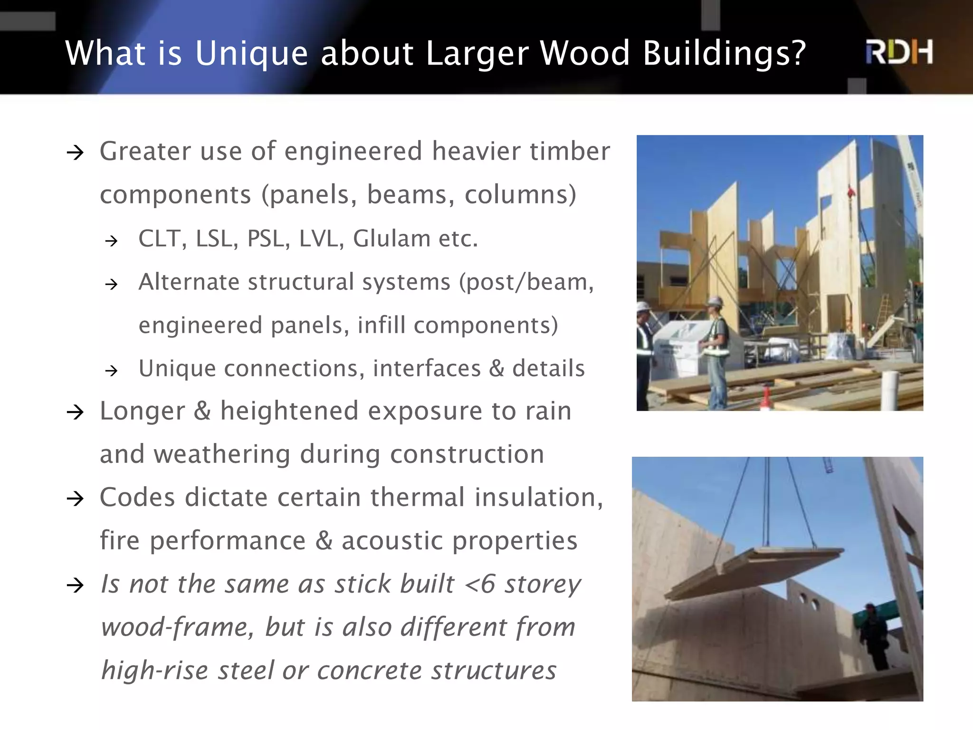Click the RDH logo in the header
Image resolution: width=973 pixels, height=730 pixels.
click(x=899, y=52)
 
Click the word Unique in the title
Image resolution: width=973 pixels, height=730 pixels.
click(x=251, y=53)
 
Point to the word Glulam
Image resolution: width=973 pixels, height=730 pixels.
click(x=391, y=239)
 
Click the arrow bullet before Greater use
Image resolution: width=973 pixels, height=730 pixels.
click(x=75, y=153)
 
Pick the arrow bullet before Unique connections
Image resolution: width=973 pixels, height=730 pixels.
click(x=111, y=371)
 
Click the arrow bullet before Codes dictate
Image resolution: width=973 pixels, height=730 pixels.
click(x=75, y=499)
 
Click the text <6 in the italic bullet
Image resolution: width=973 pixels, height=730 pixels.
click(x=480, y=584)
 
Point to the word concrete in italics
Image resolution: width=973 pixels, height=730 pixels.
click(x=369, y=671)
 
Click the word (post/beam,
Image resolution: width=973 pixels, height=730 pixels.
click(x=526, y=282)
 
